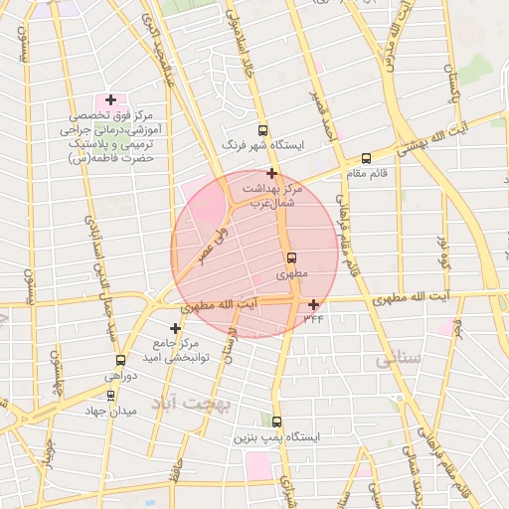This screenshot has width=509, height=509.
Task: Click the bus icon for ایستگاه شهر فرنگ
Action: pos(262,130)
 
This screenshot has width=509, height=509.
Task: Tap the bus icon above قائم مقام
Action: pos(366,158)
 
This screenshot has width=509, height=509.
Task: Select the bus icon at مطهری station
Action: pos(291,257)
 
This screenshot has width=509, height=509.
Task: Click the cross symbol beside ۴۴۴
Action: pos(314,304)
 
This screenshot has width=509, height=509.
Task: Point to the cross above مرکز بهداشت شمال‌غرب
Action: pos(271,173)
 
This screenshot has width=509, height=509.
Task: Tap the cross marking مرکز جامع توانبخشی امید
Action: pos(176,328)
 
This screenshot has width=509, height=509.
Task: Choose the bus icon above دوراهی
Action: pos(121,361)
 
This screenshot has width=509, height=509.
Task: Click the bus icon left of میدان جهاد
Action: pos(110,395)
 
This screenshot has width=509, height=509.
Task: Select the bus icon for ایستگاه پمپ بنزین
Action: pos(276,422)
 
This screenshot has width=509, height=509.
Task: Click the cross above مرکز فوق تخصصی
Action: pos(109,99)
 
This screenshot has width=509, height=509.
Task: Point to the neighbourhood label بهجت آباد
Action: pos(190,405)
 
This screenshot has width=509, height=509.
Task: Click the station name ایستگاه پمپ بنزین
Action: pos(275,438)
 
